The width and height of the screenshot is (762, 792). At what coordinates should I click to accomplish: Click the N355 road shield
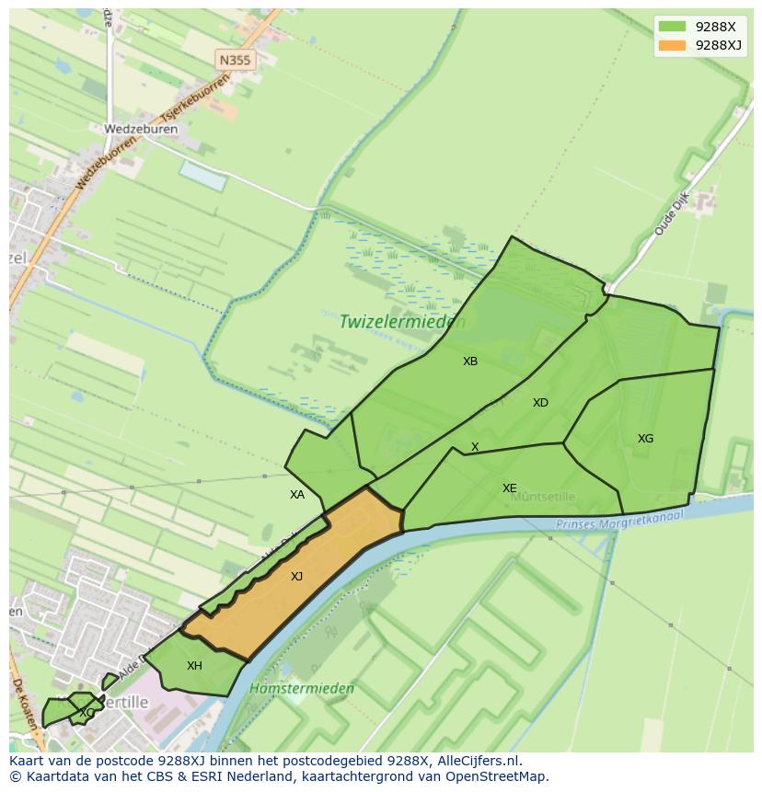coord(235,60)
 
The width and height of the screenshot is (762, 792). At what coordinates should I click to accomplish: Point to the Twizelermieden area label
coord(402,322)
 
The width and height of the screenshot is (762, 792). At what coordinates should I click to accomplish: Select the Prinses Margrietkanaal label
coord(621,521)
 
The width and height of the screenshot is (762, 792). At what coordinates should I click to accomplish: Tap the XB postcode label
coord(470,362)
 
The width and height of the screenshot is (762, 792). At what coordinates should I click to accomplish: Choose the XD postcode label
coord(540,403)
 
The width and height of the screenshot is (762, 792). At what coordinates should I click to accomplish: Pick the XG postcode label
coord(645,439)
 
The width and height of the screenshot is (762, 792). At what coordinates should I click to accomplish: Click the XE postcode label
coord(509,488)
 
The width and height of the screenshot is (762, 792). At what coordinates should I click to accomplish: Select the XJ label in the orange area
coord(296,577)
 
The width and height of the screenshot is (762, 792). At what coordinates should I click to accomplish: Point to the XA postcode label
coord(296,495)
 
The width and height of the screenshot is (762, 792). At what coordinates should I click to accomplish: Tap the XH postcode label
coord(194,666)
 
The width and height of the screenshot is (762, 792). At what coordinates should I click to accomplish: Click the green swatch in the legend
coord(672,27)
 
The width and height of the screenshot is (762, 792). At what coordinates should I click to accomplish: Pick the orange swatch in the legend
coord(672,45)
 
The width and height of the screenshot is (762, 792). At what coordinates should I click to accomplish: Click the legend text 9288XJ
coord(719,45)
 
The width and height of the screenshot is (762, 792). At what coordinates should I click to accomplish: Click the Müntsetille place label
coord(543,497)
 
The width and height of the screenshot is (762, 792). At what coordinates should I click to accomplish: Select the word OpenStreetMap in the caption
coord(497,776)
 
